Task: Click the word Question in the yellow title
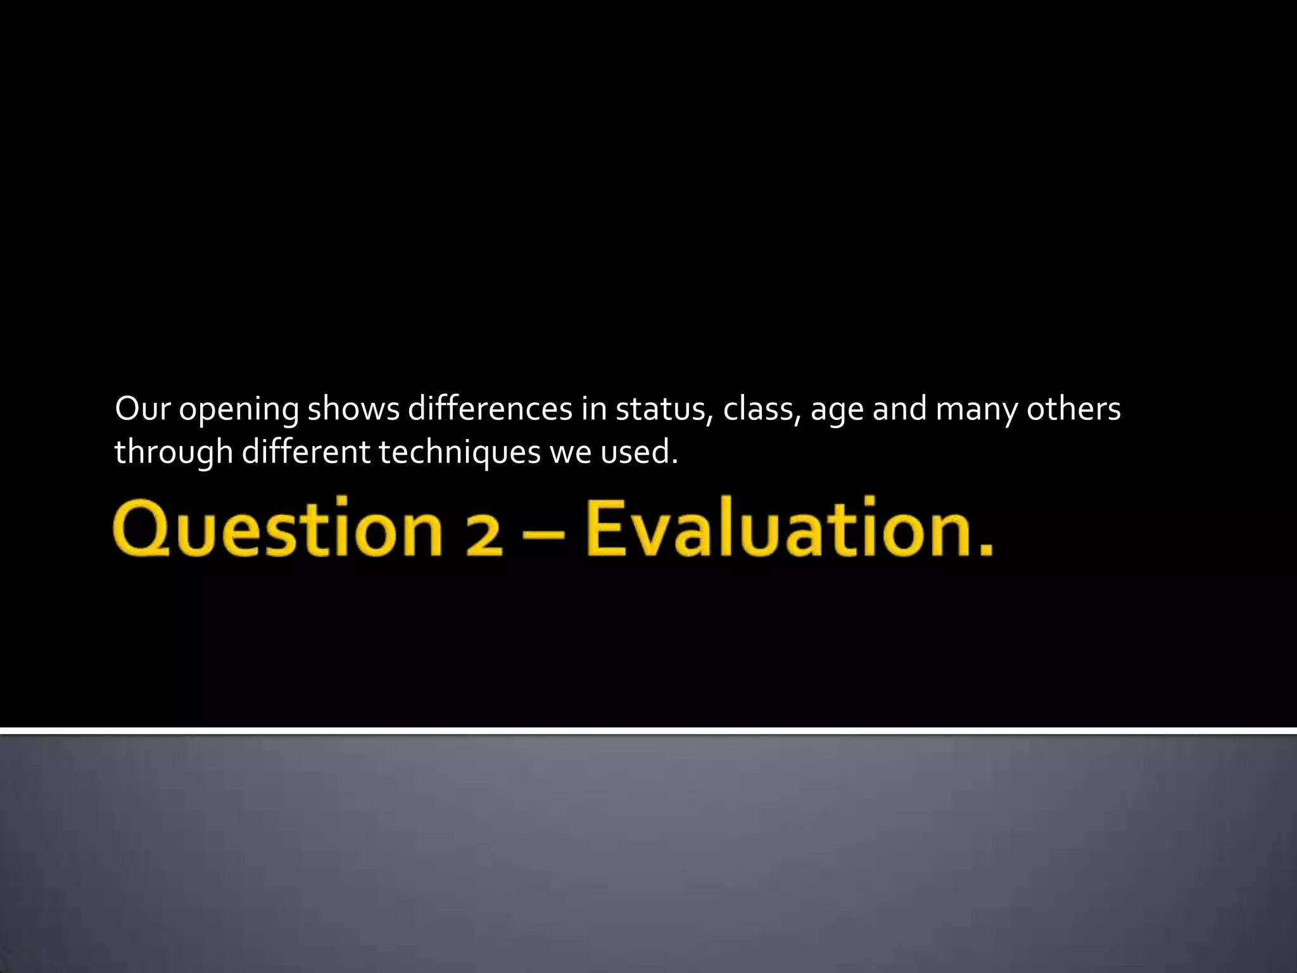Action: click(277, 528)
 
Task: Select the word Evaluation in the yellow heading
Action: click(788, 528)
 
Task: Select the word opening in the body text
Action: click(239, 410)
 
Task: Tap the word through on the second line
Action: click(174, 452)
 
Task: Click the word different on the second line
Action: click(306, 452)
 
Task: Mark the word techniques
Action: click(460, 452)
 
